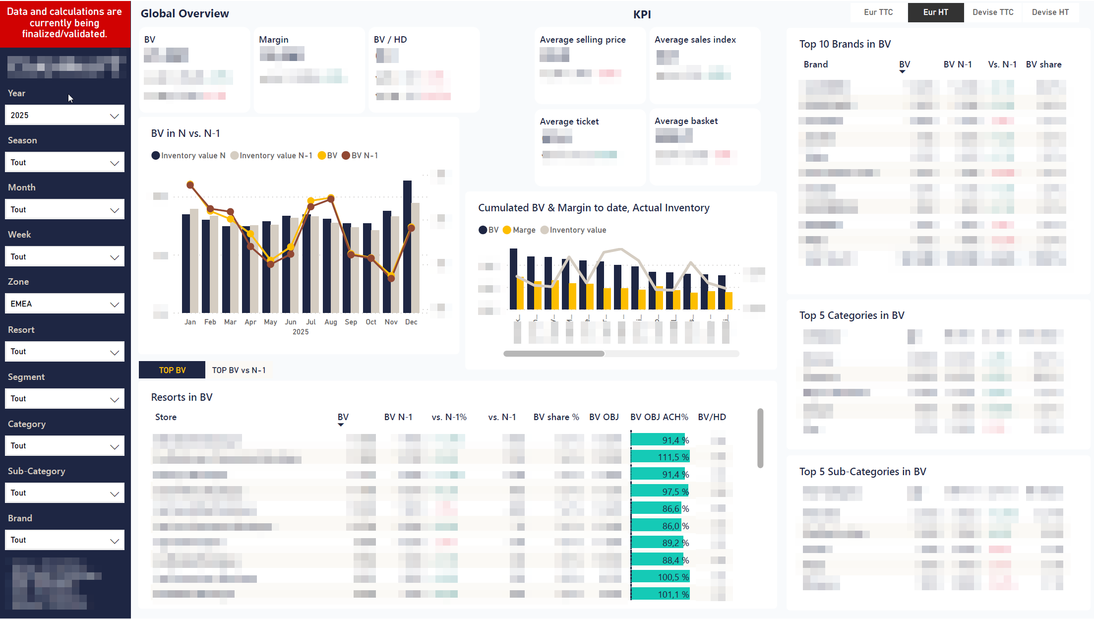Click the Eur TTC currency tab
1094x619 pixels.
tap(878, 12)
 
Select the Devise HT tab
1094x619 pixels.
tap(1050, 12)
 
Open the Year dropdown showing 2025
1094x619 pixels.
tap(64, 115)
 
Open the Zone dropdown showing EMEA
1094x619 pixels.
tap(64, 304)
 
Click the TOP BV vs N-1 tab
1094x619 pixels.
tap(239, 370)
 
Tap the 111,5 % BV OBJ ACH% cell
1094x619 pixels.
tap(660, 457)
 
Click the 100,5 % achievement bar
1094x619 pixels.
tap(660, 577)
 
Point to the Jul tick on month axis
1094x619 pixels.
tap(310, 322)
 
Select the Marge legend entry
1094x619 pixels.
tap(524, 230)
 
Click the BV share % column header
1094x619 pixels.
tap(556, 417)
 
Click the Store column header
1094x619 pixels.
tap(166, 417)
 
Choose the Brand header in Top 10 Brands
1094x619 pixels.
tap(816, 64)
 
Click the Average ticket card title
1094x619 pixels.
tap(569, 122)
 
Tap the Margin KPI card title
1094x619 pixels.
tap(273, 40)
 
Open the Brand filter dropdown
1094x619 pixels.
tap(64, 540)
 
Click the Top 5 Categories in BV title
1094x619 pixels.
tap(851, 315)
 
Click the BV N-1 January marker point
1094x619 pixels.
tap(190, 185)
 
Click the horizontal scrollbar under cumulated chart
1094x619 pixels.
tap(554, 354)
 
